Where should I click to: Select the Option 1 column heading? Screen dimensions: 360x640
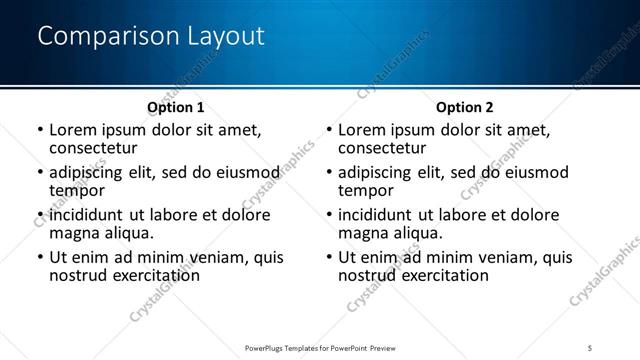coord(176,107)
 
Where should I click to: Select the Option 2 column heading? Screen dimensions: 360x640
coord(464,107)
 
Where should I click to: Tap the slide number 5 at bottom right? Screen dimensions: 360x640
coord(590,348)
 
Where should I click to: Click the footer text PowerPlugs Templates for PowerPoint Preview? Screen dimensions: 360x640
coord(319,348)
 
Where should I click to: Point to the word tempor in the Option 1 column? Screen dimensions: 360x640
coord(77,190)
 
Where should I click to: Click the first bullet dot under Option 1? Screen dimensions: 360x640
coord(40,131)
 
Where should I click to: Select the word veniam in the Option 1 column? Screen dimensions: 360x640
coord(228,257)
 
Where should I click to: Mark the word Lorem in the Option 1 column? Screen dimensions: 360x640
coord(72,130)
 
